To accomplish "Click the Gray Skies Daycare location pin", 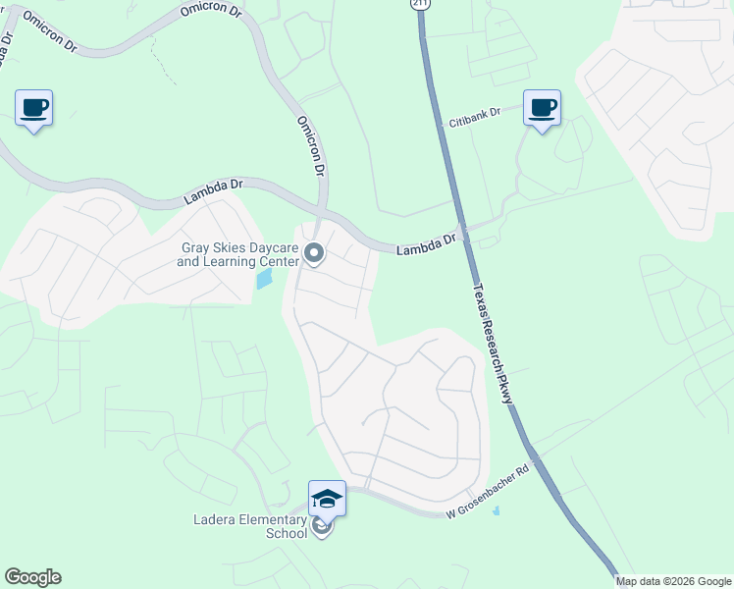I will pyautogui.click(x=314, y=254).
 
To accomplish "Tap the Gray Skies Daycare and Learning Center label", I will pyautogui.click(x=239, y=255).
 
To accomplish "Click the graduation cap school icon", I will pyautogui.click(x=327, y=500).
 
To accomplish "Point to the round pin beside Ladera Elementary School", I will pyautogui.click(x=322, y=527).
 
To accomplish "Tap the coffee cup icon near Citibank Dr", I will pyautogui.click(x=541, y=108).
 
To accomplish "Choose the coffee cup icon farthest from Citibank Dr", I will pyautogui.click(x=33, y=108).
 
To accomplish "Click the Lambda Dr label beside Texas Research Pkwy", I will pyautogui.click(x=427, y=245).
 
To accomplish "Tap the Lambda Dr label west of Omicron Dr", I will pyautogui.click(x=213, y=191).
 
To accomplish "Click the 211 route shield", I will pyautogui.click(x=420, y=5).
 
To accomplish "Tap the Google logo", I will pyautogui.click(x=32, y=577).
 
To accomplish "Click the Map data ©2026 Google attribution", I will pyautogui.click(x=673, y=581).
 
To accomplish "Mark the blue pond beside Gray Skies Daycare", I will pyautogui.click(x=264, y=279).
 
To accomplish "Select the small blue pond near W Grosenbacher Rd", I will pyautogui.click(x=496, y=510).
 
